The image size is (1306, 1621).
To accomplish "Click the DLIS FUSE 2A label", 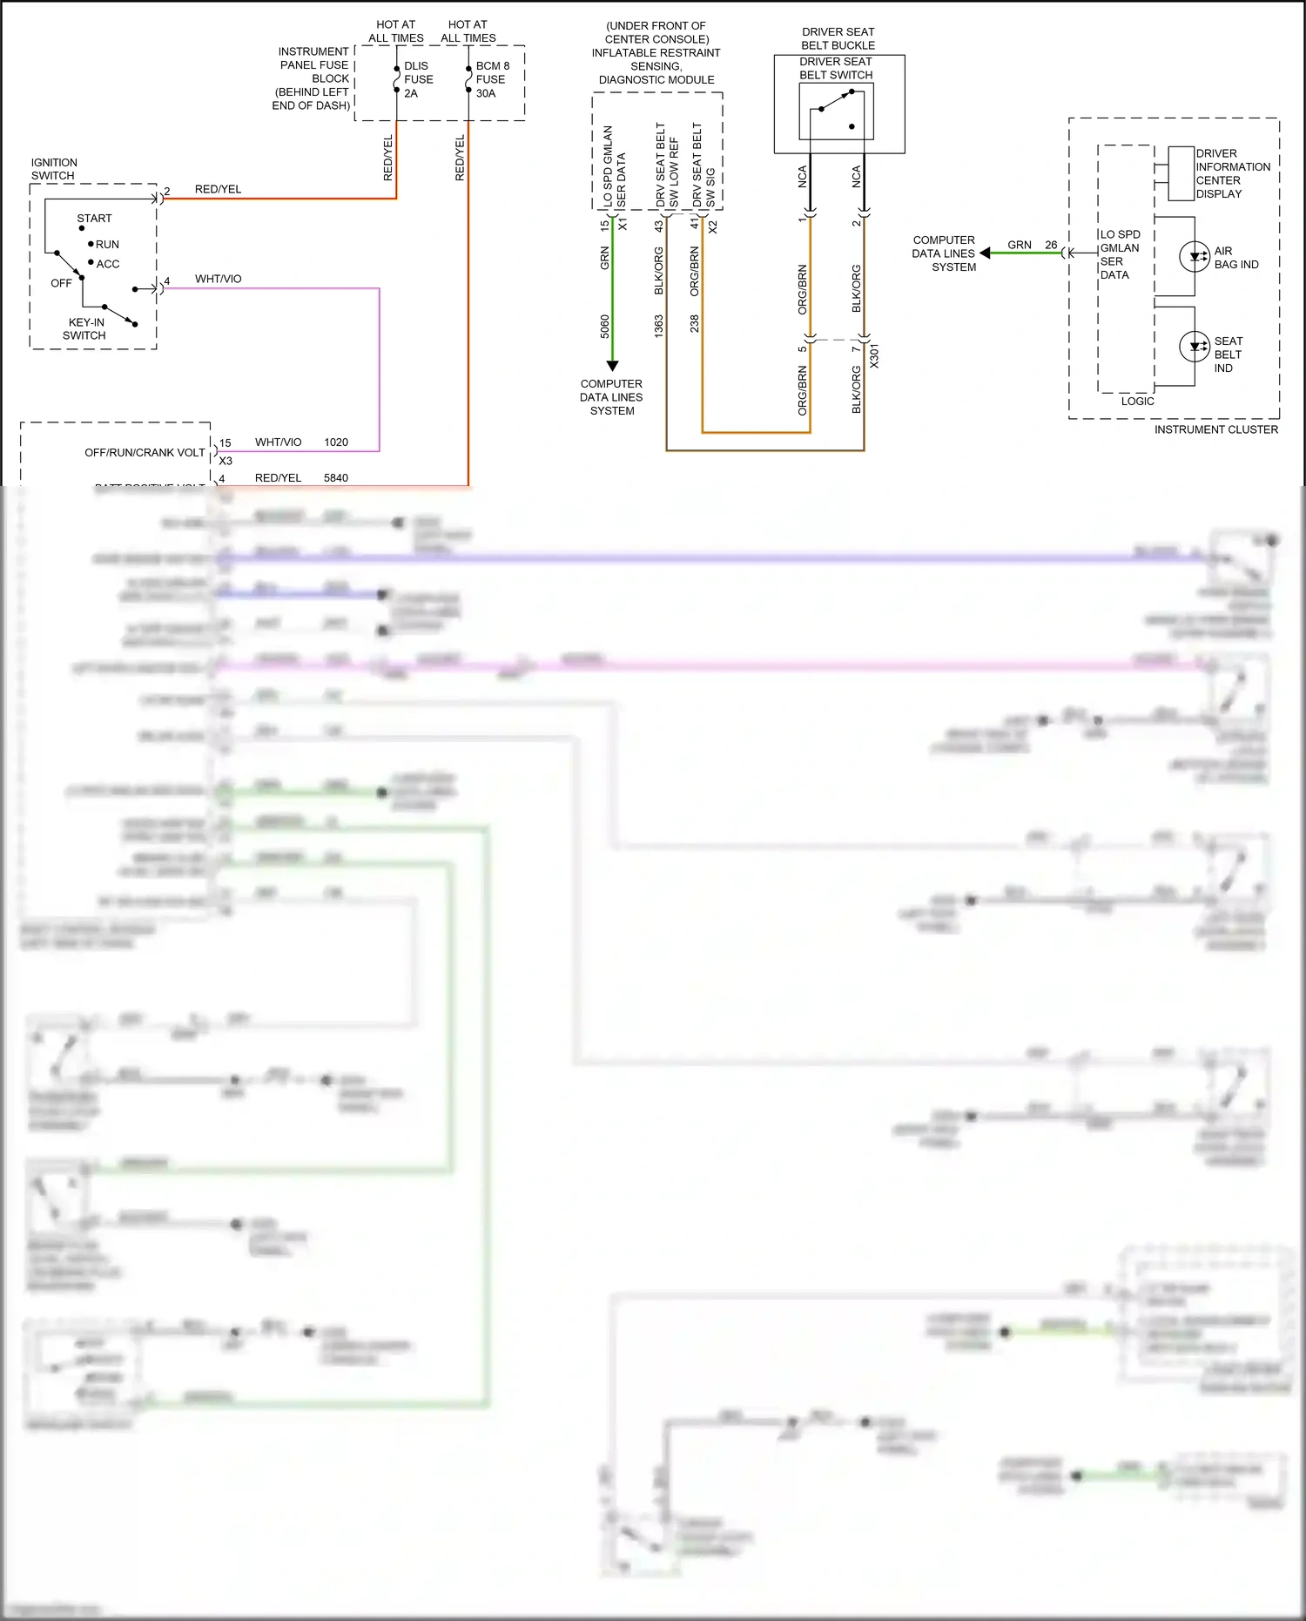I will [417, 79].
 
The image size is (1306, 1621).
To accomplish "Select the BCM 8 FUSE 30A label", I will [491, 79].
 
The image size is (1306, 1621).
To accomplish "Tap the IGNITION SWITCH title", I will [53, 169].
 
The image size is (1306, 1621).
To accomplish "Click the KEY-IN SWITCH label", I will [85, 328].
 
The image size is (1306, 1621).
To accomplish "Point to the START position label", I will [94, 219].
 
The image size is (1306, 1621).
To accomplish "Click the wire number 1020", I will [336, 442].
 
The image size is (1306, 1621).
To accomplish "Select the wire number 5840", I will [336, 478].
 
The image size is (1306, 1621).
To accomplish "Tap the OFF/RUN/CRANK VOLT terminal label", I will [145, 453].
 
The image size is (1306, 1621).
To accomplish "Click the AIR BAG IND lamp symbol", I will [1194, 257].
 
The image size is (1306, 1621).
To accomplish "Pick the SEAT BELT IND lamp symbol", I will [1194, 347].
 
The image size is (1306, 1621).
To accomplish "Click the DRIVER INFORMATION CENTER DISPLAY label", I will [1231, 173].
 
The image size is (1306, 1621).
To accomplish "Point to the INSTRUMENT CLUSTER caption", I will [1215, 429].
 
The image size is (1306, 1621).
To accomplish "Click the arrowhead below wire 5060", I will [612, 366].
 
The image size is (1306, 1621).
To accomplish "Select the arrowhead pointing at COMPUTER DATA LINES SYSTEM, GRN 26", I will [985, 253].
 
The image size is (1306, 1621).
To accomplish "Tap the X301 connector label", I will [874, 355].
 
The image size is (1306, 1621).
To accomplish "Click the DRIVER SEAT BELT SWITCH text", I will [836, 69].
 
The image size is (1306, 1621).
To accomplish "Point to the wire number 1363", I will [659, 326].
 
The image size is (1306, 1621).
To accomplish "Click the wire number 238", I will [695, 323].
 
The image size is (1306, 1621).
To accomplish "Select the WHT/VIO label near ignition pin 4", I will [218, 279].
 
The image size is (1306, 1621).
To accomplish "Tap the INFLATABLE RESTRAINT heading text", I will [656, 53].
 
